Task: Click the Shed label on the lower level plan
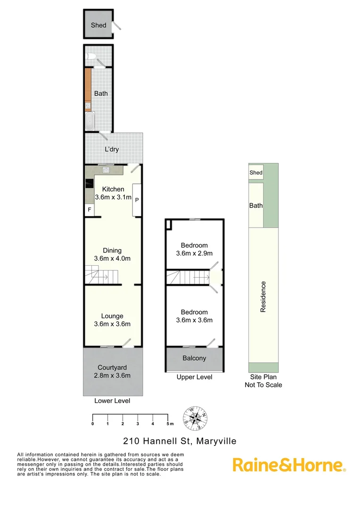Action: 98,25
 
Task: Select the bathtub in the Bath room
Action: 89,121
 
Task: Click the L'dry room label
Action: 112,149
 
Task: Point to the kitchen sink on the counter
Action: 106,169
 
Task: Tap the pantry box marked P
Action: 137,200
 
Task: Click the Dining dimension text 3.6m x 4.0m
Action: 112,258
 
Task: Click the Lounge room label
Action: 112,316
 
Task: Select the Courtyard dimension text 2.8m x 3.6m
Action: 112,375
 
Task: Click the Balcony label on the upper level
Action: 194,358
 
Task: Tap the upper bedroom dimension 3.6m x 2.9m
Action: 194,253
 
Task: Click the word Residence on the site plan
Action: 263,296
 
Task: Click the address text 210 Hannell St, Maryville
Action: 180,441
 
